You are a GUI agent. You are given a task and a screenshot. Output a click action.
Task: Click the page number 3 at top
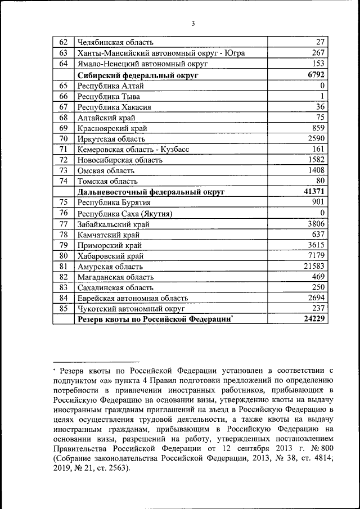pyautogui.click(x=192, y=24)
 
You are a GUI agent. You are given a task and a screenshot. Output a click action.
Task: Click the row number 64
pyautogui.click(x=64, y=64)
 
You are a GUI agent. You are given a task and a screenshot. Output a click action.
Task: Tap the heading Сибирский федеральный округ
pyautogui.click(x=139, y=74)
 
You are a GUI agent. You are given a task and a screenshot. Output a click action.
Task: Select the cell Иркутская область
pyautogui.click(x=111, y=138)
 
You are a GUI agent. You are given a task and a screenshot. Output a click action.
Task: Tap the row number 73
pyautogui.click(x=64, y=170)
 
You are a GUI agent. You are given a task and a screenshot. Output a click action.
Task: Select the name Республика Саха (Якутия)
pyautogui.click(x=124, y=214)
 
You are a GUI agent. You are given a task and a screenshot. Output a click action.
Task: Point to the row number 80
pyautogui.click(x=64, y=255)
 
